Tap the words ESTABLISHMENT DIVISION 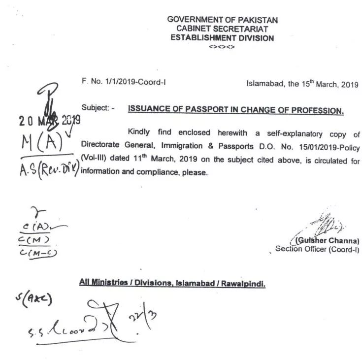click(222, 38)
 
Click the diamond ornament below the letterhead click(222, 47)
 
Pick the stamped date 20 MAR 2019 click(49, 121)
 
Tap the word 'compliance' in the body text click(147, 173)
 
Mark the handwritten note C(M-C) click(39, 253)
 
